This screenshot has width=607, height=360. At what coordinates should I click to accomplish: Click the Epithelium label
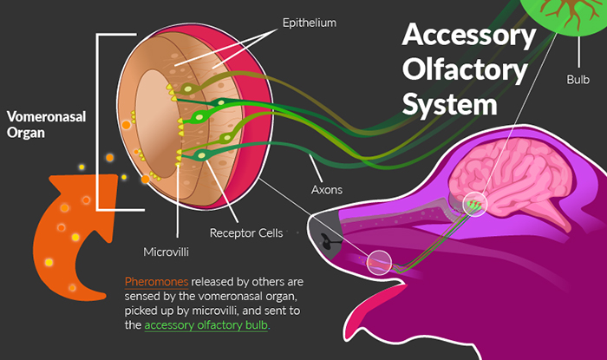[310, 22]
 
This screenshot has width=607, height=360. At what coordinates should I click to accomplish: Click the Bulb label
[579, 79]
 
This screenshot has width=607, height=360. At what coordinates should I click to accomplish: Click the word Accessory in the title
[469, 36]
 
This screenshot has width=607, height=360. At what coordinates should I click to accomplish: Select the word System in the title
[450, 105]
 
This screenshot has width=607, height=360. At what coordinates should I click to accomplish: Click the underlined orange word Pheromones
[154, 283]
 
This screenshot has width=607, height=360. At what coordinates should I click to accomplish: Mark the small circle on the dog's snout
[379, 260]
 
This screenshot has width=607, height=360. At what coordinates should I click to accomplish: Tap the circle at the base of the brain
[474, 203]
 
